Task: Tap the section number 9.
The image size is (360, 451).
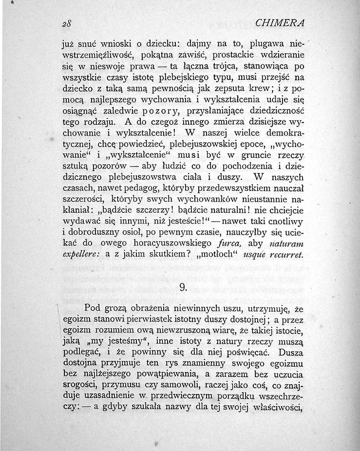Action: [x=184, y=287]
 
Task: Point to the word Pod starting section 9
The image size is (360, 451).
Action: [x=93, y=308]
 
